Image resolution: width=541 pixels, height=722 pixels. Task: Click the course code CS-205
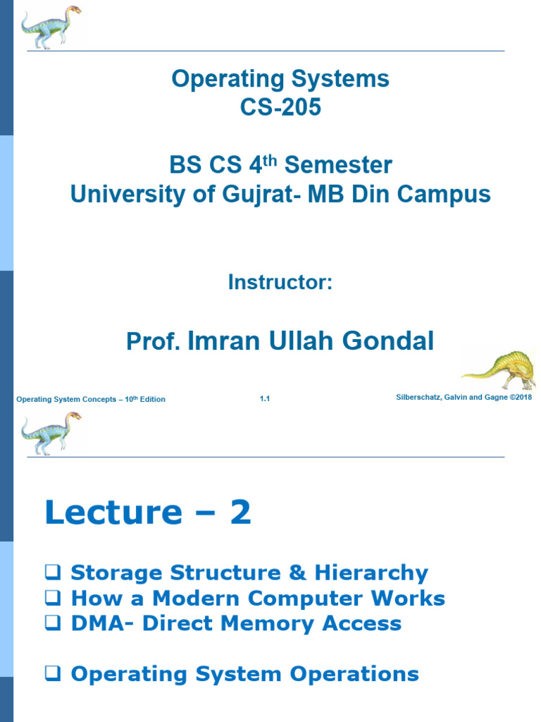pos(280,107)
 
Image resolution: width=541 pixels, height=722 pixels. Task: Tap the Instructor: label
pos(280,282)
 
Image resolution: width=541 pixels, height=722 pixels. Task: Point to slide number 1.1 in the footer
pos(265,399)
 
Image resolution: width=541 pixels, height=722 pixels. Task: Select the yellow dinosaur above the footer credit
pos(500,369)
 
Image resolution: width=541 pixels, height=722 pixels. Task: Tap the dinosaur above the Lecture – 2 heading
pos(51,433)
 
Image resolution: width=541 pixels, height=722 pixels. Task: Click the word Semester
pos(337,166)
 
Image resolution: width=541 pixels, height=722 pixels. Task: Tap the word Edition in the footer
pos(151,400)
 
